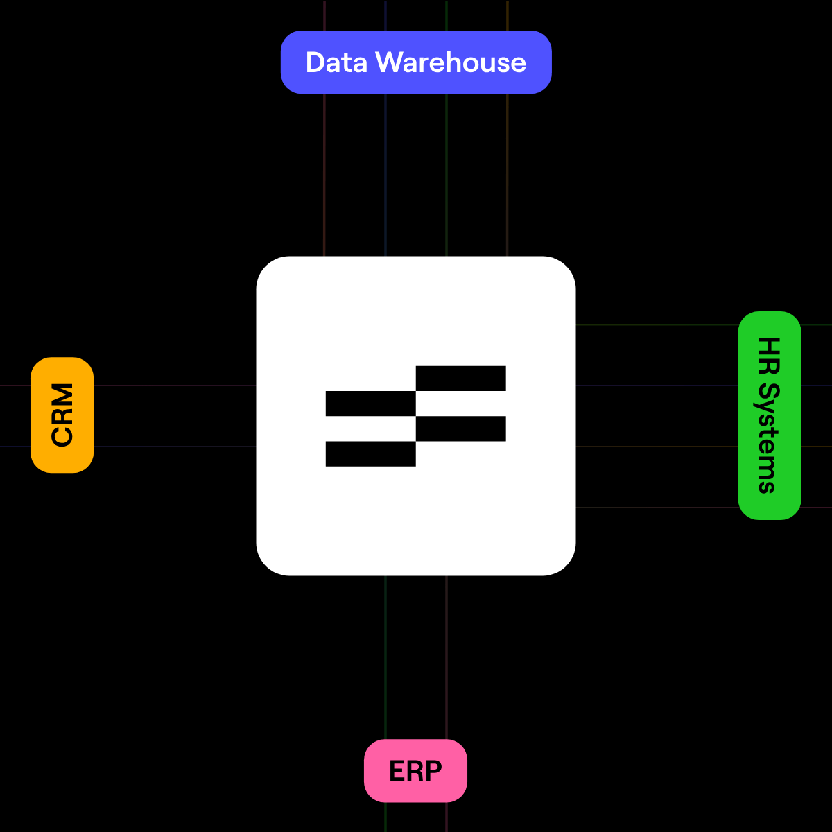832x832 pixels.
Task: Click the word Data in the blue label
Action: [x=336, y=62]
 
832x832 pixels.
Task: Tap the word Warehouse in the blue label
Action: [x=451, y=62]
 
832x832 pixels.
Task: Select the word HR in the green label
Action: [x=769, y=356]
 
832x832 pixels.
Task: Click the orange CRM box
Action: [x=62, y=415]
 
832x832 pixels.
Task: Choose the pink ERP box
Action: [x=415, y=771]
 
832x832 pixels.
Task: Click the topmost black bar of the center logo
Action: [x=460, y=378]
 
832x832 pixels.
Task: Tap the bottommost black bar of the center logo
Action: [x=370, y=453]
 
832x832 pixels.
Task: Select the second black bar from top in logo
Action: [x=370, y=404]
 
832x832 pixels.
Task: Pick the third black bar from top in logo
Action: [x=460, y=428]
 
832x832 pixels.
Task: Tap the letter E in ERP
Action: [x=397, y=771]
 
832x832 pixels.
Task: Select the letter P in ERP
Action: [x=434, y=771]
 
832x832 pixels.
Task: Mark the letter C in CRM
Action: [x=62, y=435]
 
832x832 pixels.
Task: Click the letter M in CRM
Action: [x=62, y=394]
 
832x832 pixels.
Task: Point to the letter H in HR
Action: [x=769, y=346]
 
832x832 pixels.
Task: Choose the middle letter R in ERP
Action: [x=415, y=771]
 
